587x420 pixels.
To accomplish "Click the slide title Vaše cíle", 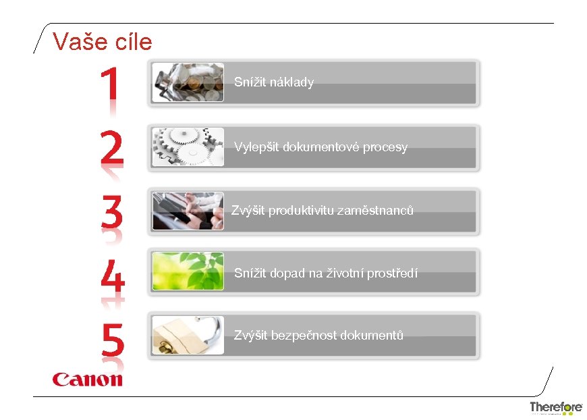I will [x=103, y=42].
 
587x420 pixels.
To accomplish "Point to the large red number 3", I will [x=113, y=211].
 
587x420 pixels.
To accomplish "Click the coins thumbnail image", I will [x=188, y=82].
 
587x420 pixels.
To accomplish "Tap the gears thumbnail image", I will [x=188, y=147].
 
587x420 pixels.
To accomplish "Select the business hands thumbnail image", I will [x=188, y=211].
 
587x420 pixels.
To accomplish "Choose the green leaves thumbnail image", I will [x=188, y=271].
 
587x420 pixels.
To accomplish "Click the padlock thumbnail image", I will [x=188, y=335].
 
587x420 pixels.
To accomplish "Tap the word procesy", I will [x=385, y=147].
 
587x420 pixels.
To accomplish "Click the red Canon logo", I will [x=88, y=379].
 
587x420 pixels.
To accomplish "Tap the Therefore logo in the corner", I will [x=555, y=407].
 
